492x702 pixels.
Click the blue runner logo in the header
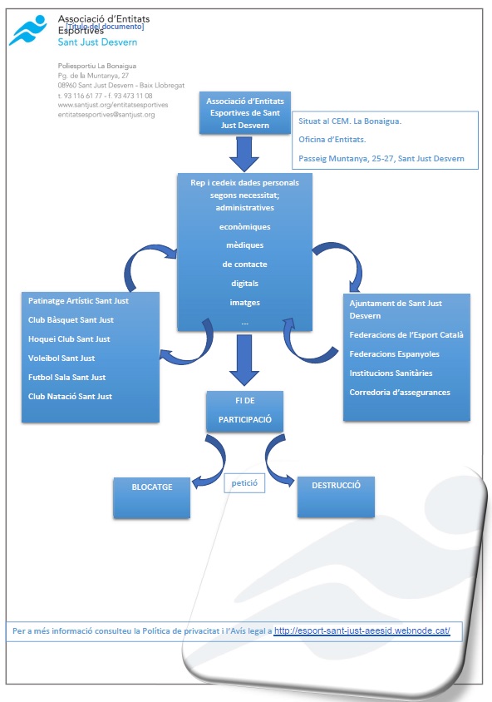[x=27, y=30]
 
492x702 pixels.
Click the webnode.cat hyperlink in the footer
[x=362, y=630]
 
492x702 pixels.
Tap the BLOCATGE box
[x=151, y=497]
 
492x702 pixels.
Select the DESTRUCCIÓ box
[x=336, y=497]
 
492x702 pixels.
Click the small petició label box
[x=244, y=483]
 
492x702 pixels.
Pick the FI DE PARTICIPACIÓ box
[x=244, y=411]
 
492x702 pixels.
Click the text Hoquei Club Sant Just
[x=69, y=339]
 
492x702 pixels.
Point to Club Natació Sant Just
[x=70, y=396]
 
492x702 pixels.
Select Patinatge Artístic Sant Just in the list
[x=78, y=301]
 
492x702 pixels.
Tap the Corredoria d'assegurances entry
[x=400, y=393]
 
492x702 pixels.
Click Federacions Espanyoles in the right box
[x=394, y=354]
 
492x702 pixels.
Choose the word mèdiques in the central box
[x=244, y=245]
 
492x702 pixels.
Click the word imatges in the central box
[x=244, y=303]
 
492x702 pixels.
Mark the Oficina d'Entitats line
[x=332, y=139]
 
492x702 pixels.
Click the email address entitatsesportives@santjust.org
[x=106, y=115]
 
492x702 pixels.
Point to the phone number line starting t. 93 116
[x=105, y=96]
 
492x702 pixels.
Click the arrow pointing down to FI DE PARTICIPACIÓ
[x=244, y=360]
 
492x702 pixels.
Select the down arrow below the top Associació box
[x=244, y=154]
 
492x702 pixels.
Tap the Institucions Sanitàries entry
[x=391, y=373]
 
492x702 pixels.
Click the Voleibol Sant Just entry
[x=61, y=358]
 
